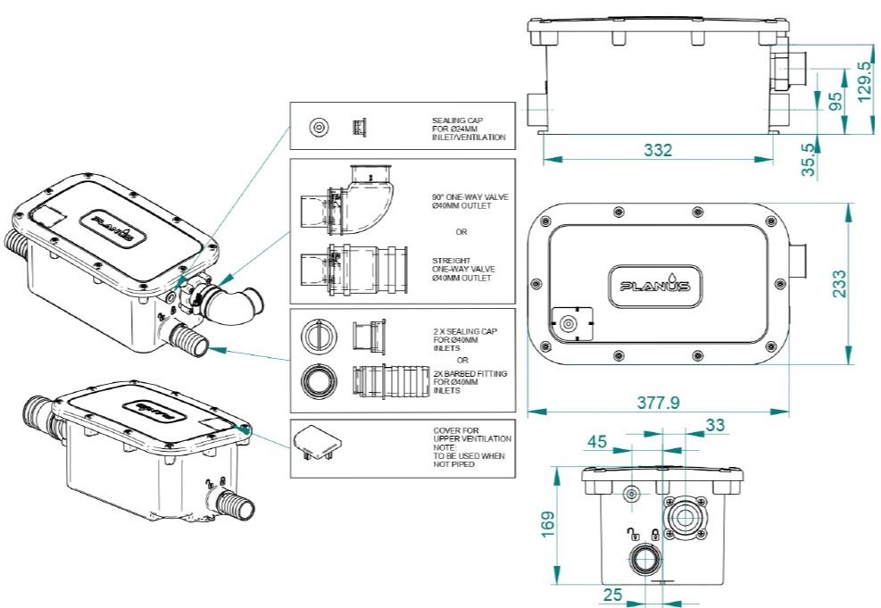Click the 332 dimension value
(658, 151)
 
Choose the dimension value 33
(715, 426)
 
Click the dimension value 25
(612, 594)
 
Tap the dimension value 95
(835, 101)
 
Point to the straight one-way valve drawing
(353, 268)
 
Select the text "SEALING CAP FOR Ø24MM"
(468, 129)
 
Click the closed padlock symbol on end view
(654, 535)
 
